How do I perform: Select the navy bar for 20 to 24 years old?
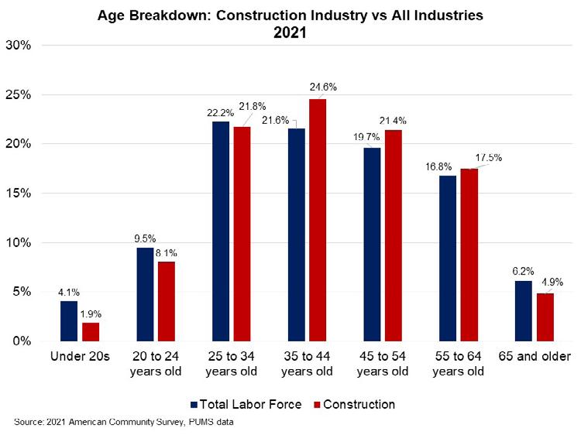tap(146, 294)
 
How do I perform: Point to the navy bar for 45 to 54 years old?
tap(372, 245)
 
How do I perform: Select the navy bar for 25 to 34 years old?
tap(221, 231)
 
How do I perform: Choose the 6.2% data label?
tap(521, 272)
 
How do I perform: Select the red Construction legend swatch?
tap(315, 404)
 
